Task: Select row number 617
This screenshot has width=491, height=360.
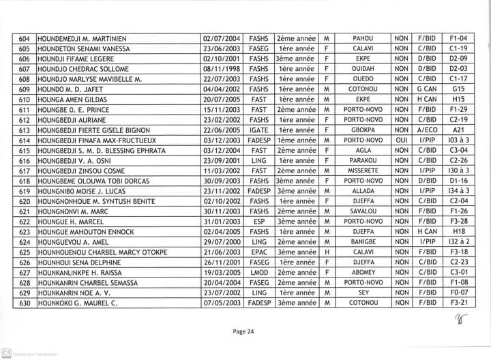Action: pyautogui.click(x=25, y=171)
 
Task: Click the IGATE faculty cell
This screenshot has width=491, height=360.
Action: pyautogui.click(x=258, y=130)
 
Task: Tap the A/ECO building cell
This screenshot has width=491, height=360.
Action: pyautogui.click(x=428, y=130)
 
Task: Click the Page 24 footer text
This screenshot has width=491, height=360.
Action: pyautogui.click(x=243, y=331)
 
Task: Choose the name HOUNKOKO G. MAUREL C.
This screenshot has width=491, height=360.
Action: pyautogui.click(x=78, y=303)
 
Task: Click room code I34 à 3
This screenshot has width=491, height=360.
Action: pyautogui.click(x=458, y=191)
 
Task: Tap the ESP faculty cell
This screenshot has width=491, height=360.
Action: pyautogui.click(x=258, y=222)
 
